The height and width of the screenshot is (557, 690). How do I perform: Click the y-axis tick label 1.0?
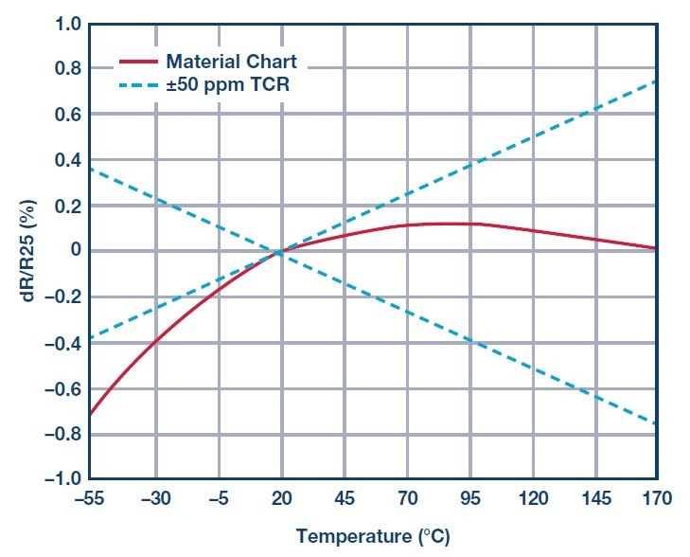67,24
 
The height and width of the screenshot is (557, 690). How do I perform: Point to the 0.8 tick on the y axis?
67,69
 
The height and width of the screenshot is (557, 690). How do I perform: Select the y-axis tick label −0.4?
62,344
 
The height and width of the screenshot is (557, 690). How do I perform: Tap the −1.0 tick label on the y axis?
62,479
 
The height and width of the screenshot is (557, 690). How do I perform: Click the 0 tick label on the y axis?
76,250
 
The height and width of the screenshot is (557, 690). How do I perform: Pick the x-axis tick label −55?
89,499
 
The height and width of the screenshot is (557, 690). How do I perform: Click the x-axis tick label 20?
282,499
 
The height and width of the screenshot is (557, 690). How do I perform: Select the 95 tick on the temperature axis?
470,499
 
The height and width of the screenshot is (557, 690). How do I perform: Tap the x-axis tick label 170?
657,499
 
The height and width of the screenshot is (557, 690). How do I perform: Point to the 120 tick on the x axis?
533,499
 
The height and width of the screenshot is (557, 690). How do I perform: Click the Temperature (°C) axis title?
373,537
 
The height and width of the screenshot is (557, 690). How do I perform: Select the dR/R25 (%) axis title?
28,250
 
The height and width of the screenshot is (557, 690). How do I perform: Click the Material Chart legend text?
232,62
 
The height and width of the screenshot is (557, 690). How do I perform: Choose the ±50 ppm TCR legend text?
228,84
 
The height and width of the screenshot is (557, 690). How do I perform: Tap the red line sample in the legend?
138,63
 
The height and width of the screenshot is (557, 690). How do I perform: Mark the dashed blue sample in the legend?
138,85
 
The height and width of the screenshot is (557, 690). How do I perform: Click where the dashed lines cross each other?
278,253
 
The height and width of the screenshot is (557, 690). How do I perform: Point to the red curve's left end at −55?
90,414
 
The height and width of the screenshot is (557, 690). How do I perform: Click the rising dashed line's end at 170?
657,81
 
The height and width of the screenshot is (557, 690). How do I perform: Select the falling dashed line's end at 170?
657,424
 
